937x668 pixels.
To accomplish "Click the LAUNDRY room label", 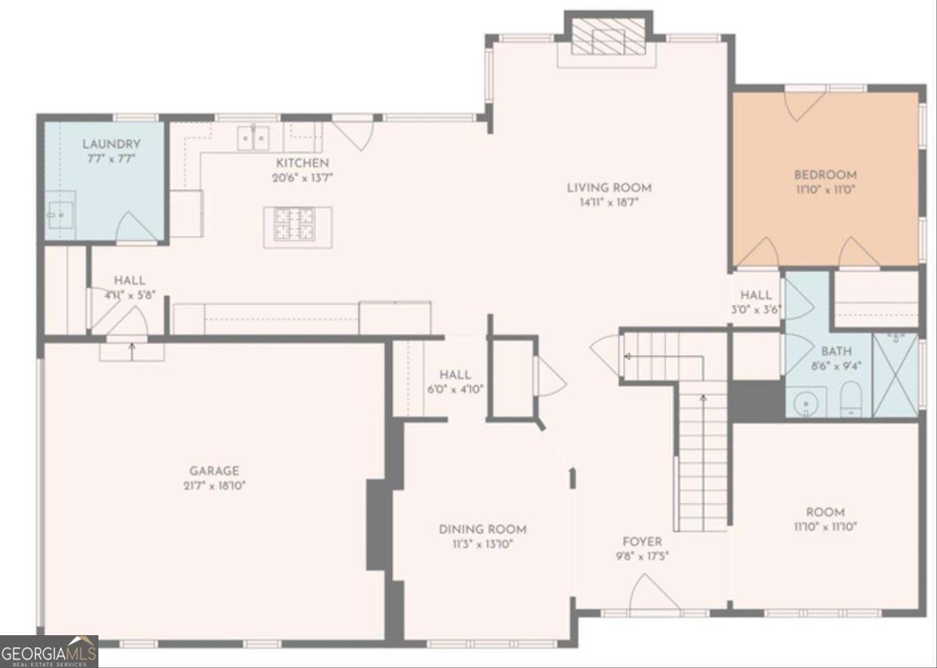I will click(112, 145).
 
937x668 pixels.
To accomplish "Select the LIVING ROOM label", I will click(609, 188).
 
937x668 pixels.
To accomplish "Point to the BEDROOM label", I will click(825, 175).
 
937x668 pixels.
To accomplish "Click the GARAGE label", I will click(214, 471).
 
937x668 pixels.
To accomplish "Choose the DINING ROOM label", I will click(482, 530).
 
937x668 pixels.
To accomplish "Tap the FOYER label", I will click(642, 541).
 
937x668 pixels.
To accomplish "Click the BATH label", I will click(835, 352).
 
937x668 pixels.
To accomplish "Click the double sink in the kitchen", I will click(254, 138).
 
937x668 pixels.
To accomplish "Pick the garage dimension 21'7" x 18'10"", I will click(214, 485).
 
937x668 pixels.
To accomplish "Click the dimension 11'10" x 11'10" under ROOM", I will click(825, 527).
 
